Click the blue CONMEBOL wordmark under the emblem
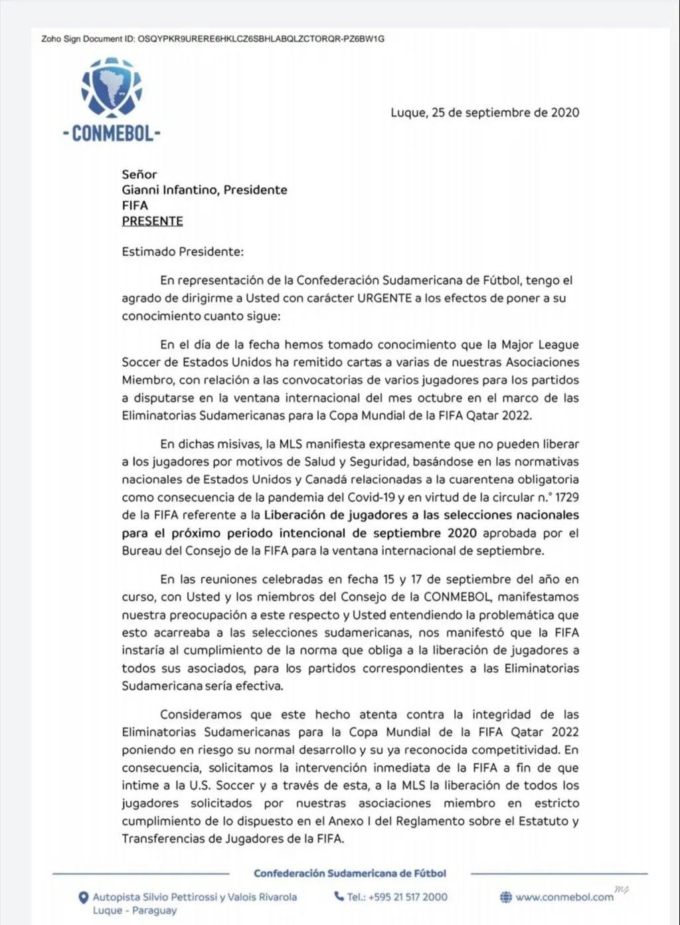coord(112,134)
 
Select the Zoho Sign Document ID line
coord(212,39)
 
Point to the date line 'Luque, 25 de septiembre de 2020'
coord(485,112)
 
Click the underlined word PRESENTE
coord(152,221)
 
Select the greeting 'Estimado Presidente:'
coord(183,252)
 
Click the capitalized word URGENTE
coord(384,298)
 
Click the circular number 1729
coord(566,497)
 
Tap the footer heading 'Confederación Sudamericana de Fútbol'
coord(350,873)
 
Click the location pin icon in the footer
coord(84,898)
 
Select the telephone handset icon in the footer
coord(339,896)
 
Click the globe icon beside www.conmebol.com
coord(505,897)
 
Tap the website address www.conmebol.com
coord(564,897)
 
